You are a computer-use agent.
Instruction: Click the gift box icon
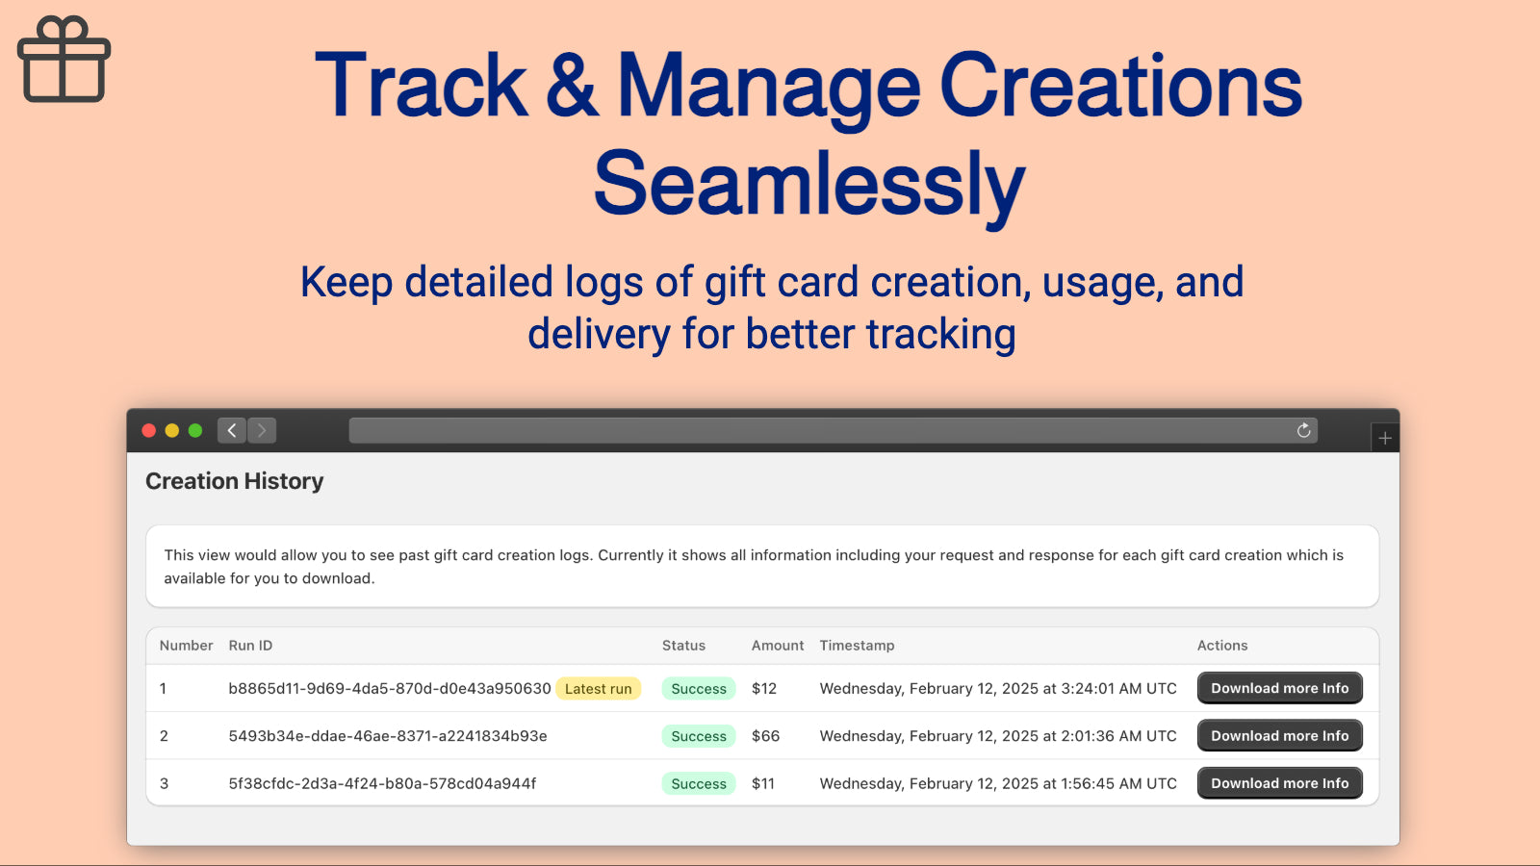(64, 60)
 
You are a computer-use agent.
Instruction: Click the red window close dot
(149, 430)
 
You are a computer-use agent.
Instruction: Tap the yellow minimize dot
(172, 430)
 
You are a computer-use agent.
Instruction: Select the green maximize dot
(195, 430)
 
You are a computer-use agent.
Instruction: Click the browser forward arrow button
(262, 430)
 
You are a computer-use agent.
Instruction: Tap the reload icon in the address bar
(1303, 430)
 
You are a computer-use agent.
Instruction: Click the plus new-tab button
(1385, 438)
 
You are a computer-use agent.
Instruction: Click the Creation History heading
(234, 481)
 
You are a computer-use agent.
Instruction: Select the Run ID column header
(250, 646)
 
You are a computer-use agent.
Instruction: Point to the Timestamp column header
(857, 646)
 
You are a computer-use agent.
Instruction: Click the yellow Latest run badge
(598, 689)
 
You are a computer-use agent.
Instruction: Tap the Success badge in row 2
(699, 736)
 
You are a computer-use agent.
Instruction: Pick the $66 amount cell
(765, 736)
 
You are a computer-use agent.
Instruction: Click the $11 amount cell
(763, 783)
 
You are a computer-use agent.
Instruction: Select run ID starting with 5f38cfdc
(382, 783)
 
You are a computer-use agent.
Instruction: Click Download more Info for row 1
(1279, 688)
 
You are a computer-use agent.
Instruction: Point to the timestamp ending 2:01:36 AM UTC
(998, 736)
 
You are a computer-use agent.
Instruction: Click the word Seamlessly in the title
(809, 183)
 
